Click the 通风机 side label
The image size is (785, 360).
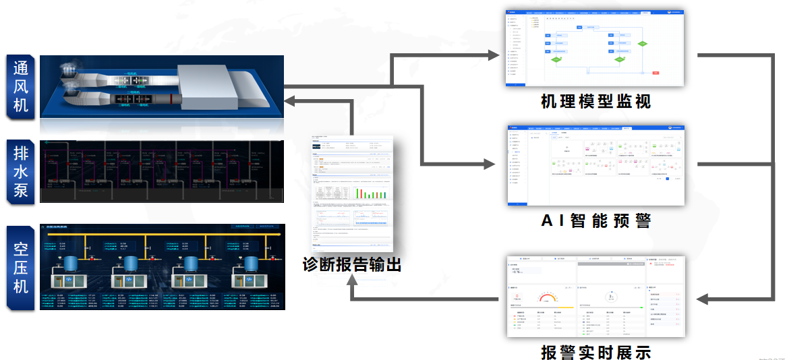pos(21,87)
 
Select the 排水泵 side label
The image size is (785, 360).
pos(21,171)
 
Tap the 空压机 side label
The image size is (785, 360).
pos(21,267)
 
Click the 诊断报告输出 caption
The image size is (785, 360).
pos(352,264)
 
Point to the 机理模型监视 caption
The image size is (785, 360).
pos(595,102)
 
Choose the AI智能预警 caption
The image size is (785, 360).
pos(595,220)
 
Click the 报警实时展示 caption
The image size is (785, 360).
pos(595,352)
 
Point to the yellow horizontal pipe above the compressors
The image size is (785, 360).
pos(162,236)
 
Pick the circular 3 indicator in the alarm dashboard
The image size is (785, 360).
pos(612,297)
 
